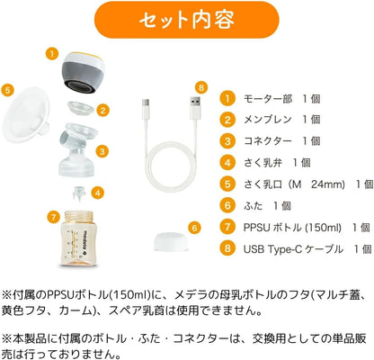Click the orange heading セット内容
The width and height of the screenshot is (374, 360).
(187, 19)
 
